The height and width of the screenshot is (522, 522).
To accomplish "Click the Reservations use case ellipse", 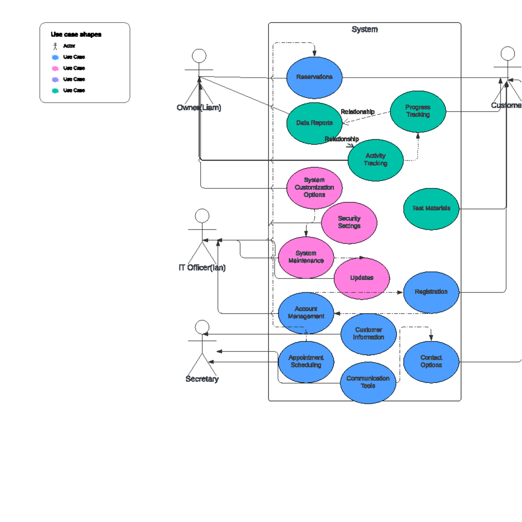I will click(314, 77).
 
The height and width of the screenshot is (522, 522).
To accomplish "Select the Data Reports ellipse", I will click(314, 123).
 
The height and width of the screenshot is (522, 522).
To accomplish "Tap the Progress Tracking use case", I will click(418, 111).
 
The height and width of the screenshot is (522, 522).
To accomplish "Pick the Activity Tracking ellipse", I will click(375, 160).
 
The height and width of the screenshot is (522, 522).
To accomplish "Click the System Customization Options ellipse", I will click(314, 187).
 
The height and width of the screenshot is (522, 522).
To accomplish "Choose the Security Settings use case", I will click(349, 222).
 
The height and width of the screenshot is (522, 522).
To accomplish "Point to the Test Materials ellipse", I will click(431, 208).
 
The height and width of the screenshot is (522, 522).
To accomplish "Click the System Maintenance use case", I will click(306, 257).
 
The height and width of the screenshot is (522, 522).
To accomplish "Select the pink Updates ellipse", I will click(361, 278).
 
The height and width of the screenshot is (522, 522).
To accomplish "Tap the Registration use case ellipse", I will click(431, 292).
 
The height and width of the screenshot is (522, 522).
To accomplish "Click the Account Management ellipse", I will click(306, 313).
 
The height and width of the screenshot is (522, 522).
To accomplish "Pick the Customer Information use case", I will click(368, 334).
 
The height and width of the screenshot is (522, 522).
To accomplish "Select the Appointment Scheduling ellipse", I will click(306, 361).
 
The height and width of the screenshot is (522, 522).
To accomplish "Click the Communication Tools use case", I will click(368, 382).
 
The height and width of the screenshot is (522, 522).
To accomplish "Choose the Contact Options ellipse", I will click(431, 361).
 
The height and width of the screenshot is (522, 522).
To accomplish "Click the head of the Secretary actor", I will click(202, 327).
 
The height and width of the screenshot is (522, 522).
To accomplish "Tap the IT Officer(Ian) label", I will click(202, 268).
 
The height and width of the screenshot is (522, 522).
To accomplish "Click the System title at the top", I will click(365, 30).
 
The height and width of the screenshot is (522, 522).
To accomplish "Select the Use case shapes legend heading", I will click(76, 34).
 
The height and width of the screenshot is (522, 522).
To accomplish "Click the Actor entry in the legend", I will click(69, 46).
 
